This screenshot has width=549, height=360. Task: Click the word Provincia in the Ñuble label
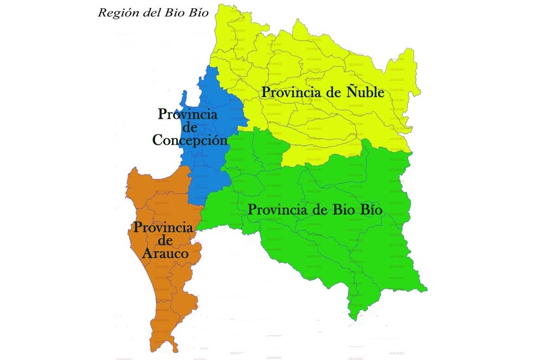coord(289,92)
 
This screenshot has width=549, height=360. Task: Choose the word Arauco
coord(165,254)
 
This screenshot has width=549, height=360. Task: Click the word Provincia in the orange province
coord(163,227)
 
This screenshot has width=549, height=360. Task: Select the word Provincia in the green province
coord(275,210)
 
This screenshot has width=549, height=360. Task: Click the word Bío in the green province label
coord(370,210)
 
